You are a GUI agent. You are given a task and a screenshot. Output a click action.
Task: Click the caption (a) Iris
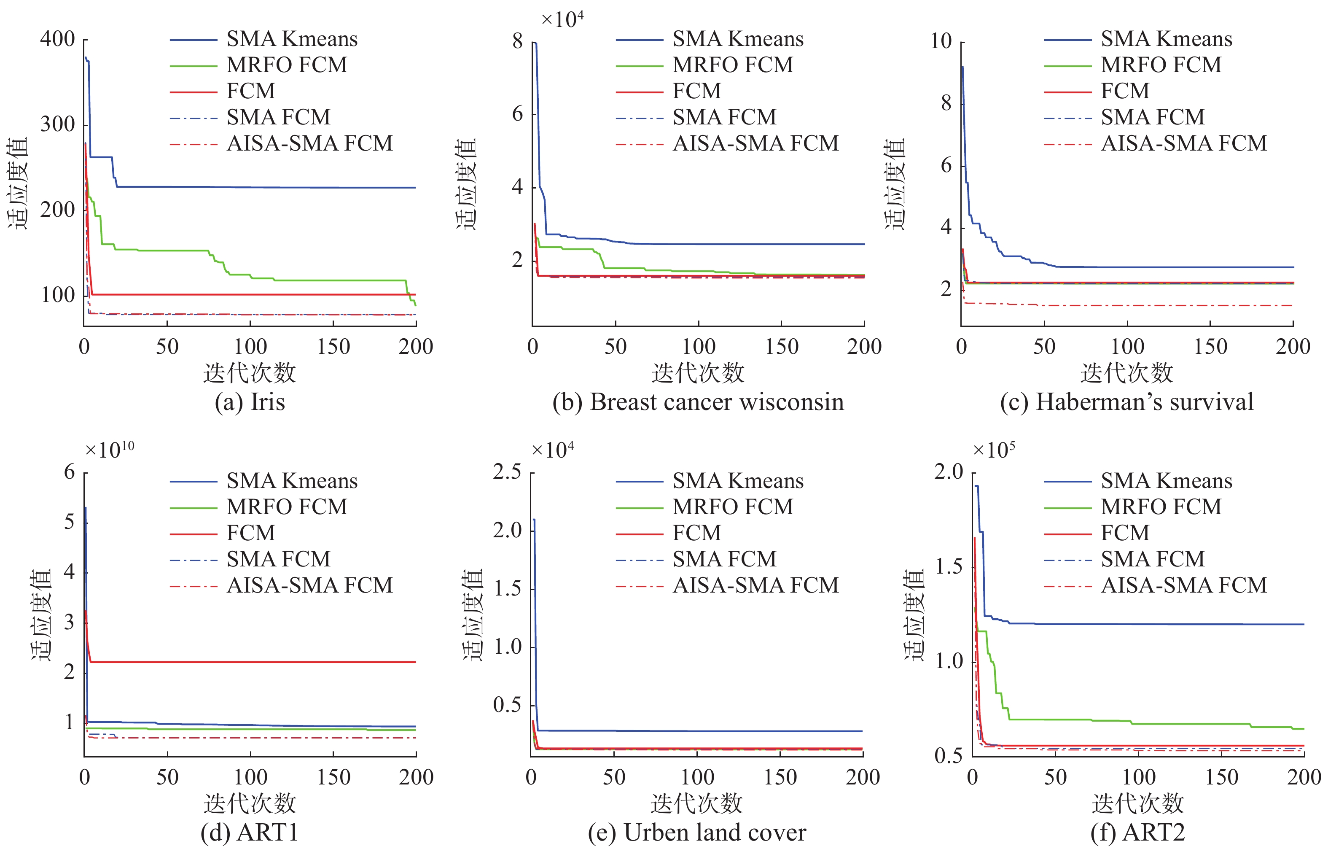coord(250,402)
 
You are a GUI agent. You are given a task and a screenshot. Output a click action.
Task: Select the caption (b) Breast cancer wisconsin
coord(698,402)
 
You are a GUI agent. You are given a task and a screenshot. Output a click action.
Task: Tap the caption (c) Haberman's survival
coord(1127,402)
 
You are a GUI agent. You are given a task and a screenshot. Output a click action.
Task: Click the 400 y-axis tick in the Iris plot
coord(57,39)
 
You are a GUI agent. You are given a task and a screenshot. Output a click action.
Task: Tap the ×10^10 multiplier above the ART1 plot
coord(109,450)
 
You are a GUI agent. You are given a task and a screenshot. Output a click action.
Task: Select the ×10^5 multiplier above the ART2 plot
coord(993,450)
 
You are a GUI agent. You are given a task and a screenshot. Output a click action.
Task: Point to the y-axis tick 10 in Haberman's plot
coord(941,41)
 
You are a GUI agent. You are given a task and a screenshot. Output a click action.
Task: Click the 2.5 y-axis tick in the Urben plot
coord(507,472)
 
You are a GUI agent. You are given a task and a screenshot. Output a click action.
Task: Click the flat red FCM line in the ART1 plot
coord(248,662)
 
